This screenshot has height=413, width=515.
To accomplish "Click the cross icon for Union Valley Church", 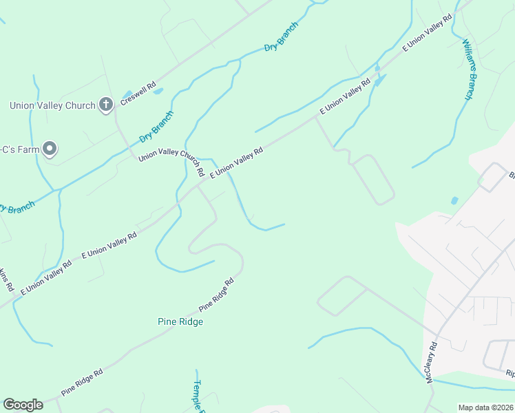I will pyautogui.click(x=105, y=105).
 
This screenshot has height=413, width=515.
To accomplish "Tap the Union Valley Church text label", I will pyautogui.click(x=52, y=105).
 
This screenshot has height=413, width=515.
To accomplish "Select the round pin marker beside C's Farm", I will pyautogui.click(x=50, y=148).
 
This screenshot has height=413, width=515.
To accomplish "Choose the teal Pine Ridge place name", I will pyautogui.click(x=180, y=321).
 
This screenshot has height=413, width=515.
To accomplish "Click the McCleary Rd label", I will pyautogui.click(x=432, y=363).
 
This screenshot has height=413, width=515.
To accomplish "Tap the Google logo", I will pyautogui.click(x=23, y=405).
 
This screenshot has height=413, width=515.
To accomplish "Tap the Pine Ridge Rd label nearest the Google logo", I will pyautogui.click(x=82, y=382).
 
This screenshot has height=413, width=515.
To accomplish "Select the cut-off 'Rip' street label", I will pyautogui.click(x=510, y=374).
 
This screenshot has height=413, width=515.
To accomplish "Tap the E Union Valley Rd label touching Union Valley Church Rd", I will pyautogui.click(x=236, y=163).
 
